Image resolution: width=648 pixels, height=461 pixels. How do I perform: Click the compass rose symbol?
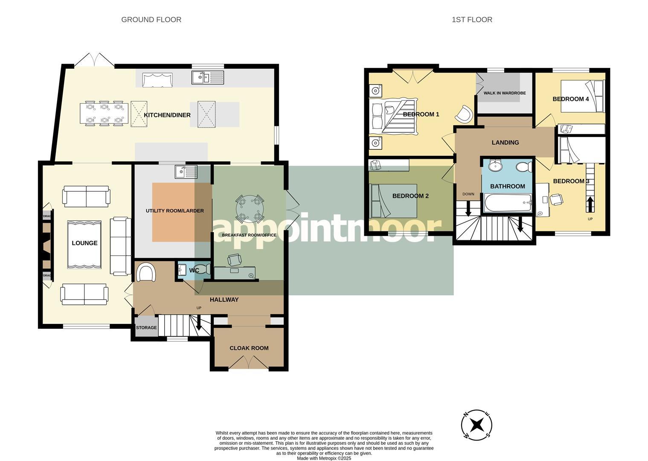point(477,425)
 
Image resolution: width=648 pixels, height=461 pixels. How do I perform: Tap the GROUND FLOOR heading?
point(151,20)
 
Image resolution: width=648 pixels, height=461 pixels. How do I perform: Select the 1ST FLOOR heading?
point(472,20)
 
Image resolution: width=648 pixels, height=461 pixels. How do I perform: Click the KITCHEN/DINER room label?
point(167,115)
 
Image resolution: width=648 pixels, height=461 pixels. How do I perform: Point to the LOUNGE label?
point(84,243)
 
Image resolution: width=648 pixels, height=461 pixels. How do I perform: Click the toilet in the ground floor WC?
point(206,269)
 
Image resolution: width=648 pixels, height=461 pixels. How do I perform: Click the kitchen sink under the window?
point(207,77)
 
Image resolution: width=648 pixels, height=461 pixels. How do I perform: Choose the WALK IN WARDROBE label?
point(504,93)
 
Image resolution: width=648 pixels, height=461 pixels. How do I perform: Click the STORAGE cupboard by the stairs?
point(146,327)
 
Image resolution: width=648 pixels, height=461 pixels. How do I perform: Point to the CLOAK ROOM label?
point(249,348)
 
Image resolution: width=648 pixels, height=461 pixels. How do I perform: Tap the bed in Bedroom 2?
point(393,201)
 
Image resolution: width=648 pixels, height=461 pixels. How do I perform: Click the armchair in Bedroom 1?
point(464,114)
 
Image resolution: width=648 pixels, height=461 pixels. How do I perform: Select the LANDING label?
point(505,143)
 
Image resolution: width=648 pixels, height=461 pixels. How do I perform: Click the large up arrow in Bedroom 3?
point(590,204)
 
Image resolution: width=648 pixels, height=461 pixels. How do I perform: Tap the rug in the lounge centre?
point(84,245)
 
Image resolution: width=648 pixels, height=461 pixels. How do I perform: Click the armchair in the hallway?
point(145,272)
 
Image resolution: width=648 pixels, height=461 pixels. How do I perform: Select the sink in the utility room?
point(186,172)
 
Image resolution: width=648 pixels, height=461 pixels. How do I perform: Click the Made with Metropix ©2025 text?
point(324,458)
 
